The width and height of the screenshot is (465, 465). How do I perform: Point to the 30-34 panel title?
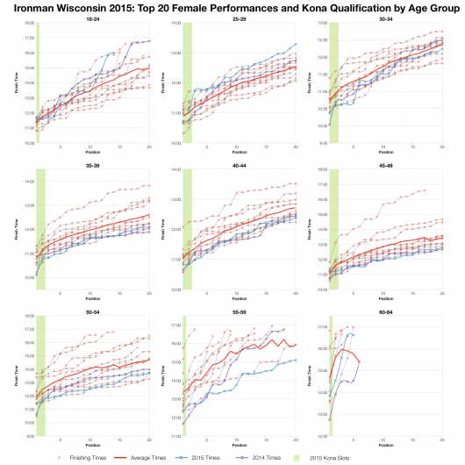tap(385, 18)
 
